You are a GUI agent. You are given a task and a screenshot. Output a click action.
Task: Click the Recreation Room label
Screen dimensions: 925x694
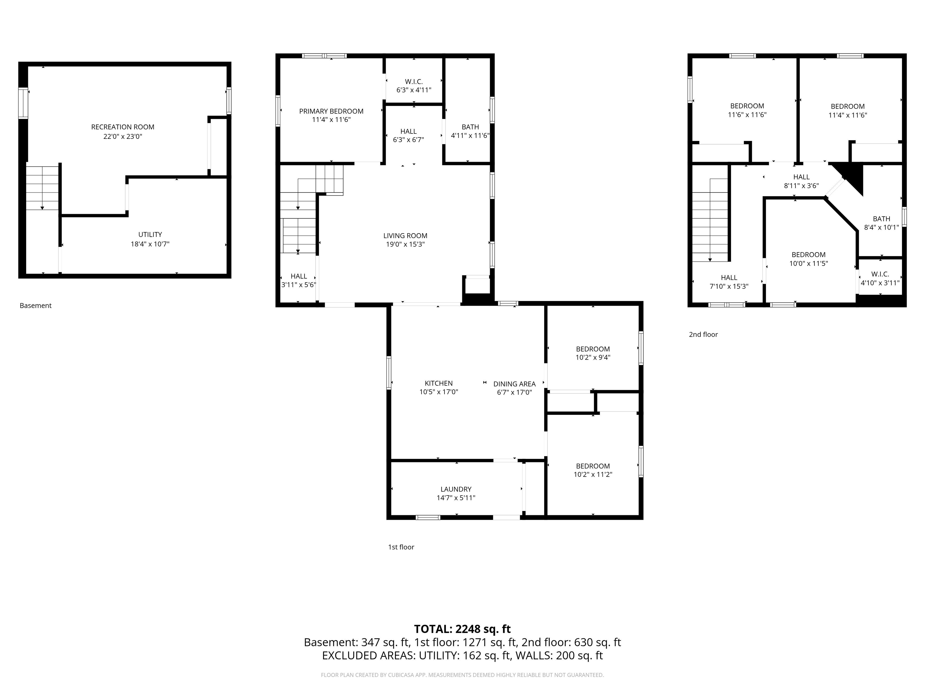coord(123,127)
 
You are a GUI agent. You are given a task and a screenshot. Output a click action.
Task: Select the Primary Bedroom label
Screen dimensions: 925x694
coord(331,111)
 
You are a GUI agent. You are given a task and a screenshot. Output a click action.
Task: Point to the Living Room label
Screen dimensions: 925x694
coord(405,236)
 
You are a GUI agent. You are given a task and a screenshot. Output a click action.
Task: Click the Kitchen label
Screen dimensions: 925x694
coord(439,383)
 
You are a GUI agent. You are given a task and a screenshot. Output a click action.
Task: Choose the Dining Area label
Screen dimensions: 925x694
coord(514,384)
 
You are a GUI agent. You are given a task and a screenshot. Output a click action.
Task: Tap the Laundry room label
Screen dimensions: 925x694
coord(456,489)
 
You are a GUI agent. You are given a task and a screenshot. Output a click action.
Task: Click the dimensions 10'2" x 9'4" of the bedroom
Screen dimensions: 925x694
coord(593,357)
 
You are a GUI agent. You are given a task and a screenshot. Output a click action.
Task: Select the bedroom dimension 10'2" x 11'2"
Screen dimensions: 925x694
coord(593,474)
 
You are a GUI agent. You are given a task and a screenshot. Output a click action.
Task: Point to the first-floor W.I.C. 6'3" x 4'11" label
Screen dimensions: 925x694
coord(414,86)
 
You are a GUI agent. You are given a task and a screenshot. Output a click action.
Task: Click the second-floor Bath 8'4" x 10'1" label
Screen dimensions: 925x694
coord(882,223)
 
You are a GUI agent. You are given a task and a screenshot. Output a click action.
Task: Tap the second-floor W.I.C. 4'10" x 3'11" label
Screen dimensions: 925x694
coord(880,278)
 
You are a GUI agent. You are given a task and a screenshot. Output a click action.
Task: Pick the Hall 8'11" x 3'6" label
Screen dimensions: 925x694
coord(801,181)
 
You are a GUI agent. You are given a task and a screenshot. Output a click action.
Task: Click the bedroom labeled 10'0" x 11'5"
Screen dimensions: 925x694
coord(808,259)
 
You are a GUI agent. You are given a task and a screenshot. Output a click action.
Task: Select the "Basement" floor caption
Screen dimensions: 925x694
coord(36,305)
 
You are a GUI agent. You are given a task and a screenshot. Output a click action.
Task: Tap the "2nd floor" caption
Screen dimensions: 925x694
coord(703,334)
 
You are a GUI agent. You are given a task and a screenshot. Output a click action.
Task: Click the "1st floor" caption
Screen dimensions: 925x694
coord(401,547)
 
